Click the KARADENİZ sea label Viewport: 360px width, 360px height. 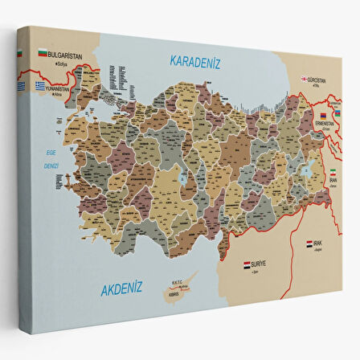[194, 59]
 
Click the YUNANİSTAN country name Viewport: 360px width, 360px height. [60, 86]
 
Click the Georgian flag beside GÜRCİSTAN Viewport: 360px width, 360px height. [305, 79]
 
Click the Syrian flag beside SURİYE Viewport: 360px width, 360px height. [248, 263]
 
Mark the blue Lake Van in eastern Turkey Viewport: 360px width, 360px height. [306, 170]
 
